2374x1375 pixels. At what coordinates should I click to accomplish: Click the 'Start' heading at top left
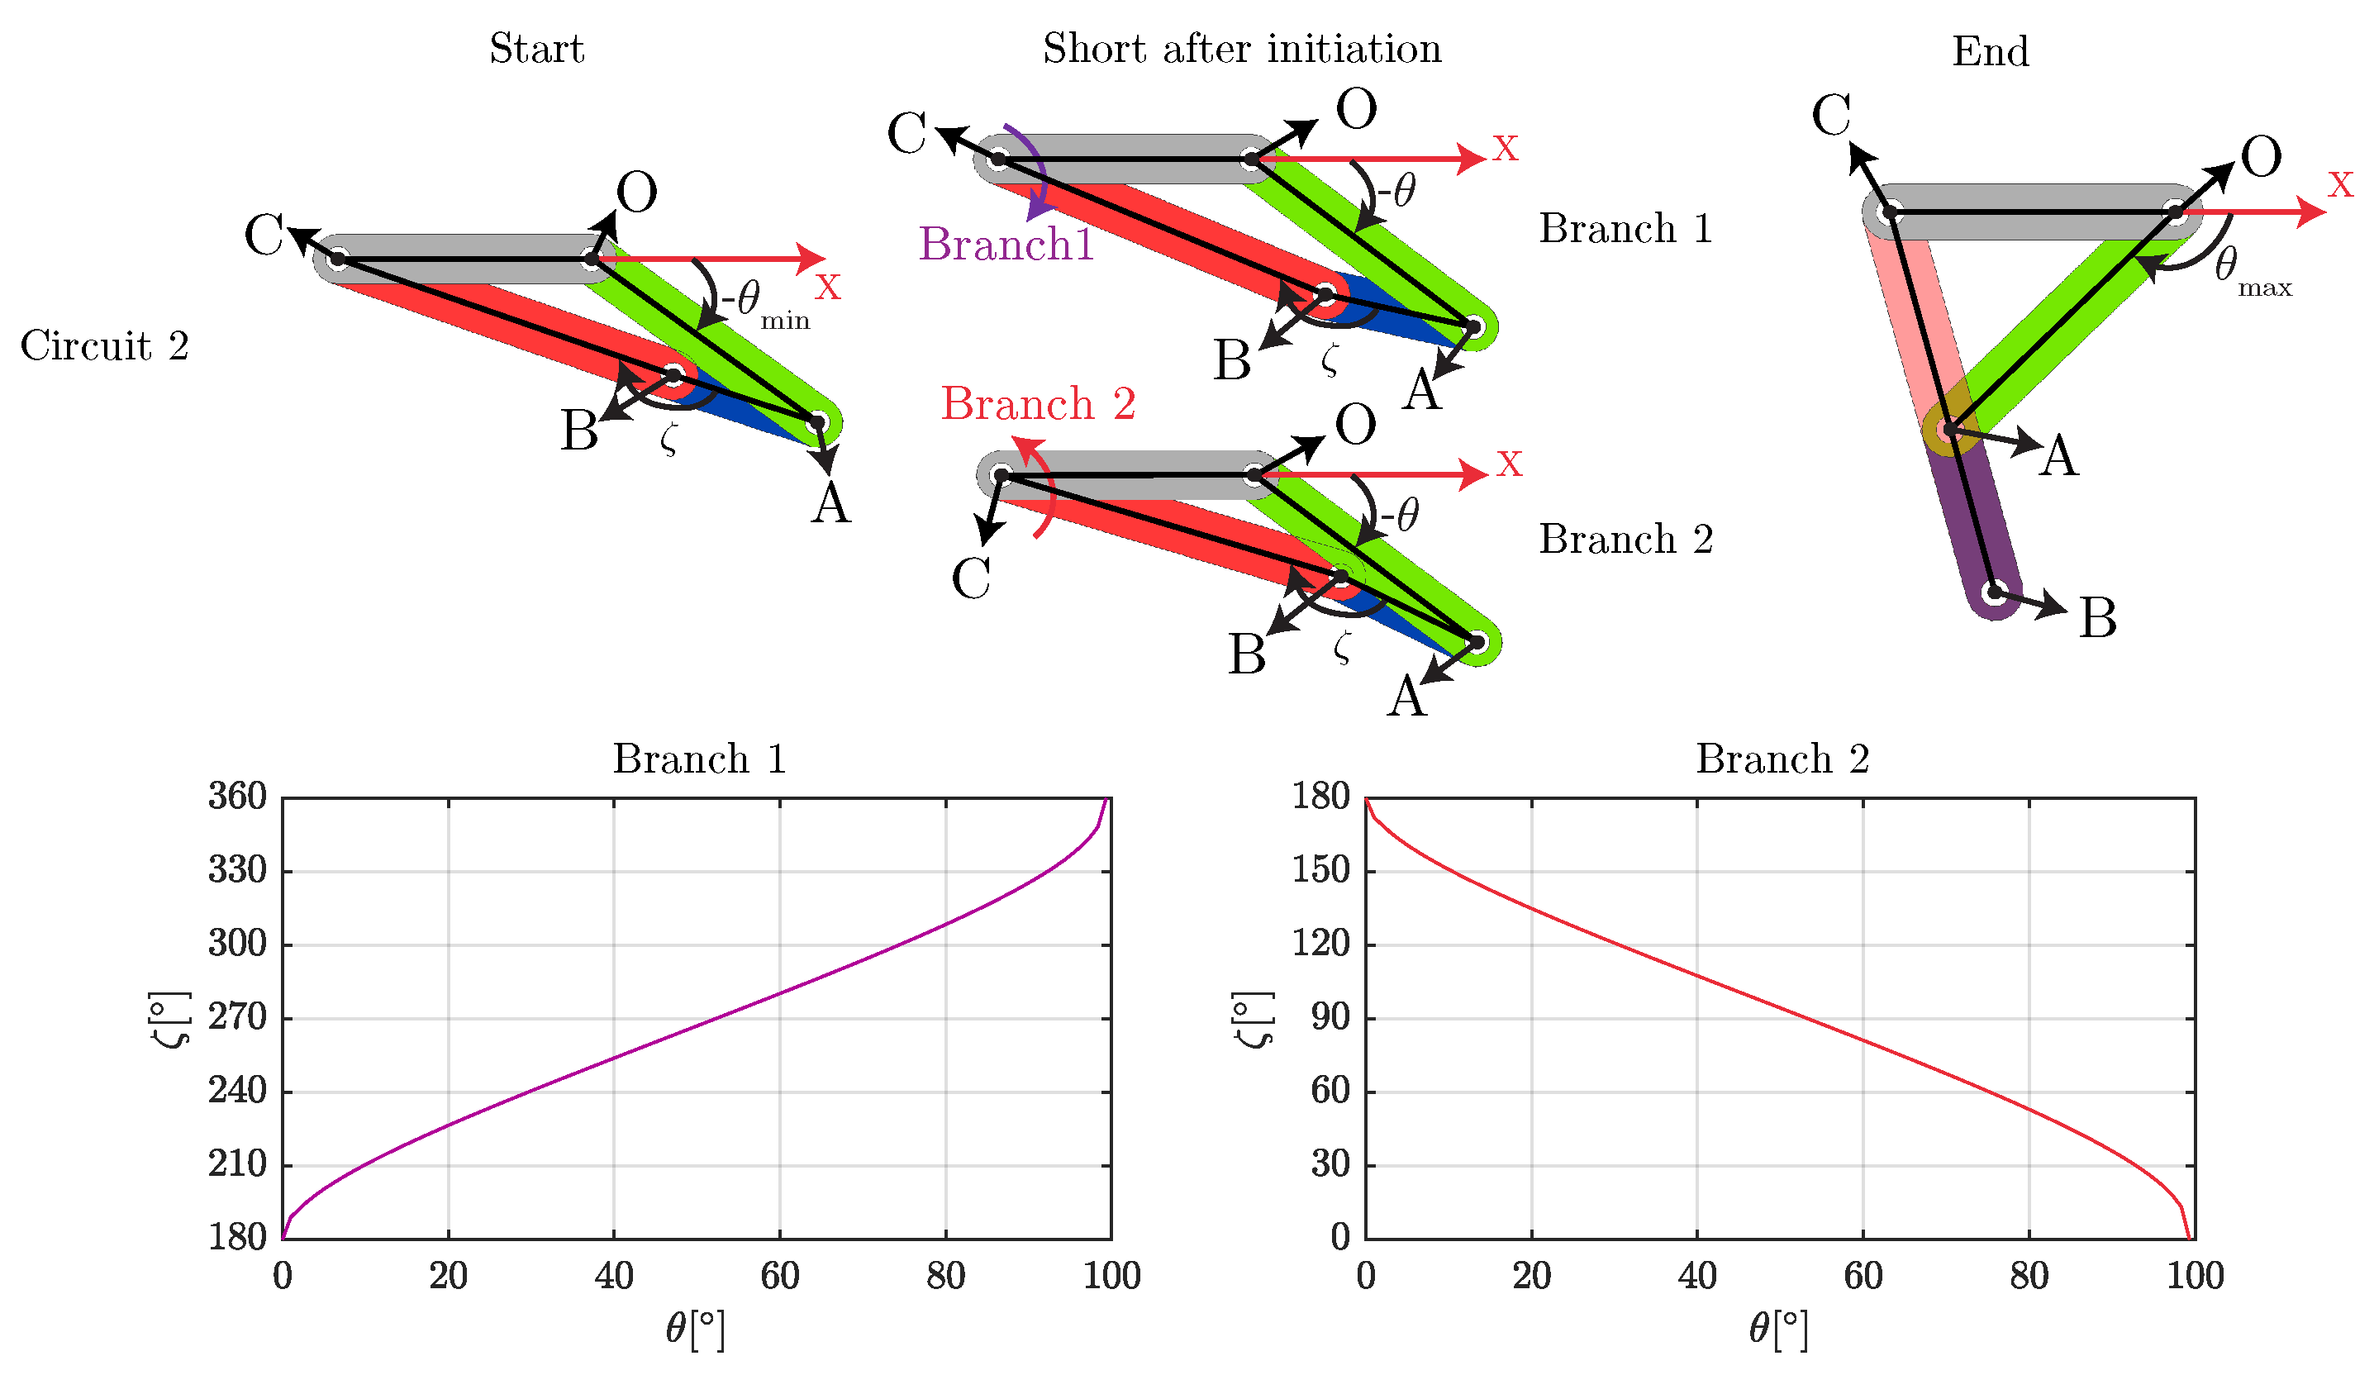coord(537,49)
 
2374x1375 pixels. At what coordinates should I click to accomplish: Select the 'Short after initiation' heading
coord(1242,49)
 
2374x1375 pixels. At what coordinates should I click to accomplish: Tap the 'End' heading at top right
coord(1990,52)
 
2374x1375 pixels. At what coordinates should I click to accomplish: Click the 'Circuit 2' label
coord(105,345)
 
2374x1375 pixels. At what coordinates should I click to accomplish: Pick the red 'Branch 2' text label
coord(1038,404)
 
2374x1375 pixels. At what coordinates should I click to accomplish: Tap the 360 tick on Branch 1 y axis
coord(237,797)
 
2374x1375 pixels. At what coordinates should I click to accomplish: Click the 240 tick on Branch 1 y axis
coord(237,1091)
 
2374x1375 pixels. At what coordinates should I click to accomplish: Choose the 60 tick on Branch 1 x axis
coord(779,1276)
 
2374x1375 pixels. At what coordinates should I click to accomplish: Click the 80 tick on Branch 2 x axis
coord(2029,1276)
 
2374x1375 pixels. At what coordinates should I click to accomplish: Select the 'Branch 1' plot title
coord(699,759)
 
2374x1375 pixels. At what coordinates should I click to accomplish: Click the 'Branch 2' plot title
coord(1782,759)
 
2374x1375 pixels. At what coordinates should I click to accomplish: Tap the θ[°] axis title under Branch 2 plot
coord(1777,1329)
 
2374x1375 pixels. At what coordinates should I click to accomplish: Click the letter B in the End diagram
coord(2098,619)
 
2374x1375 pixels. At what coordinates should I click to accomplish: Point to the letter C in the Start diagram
coord(264,234)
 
